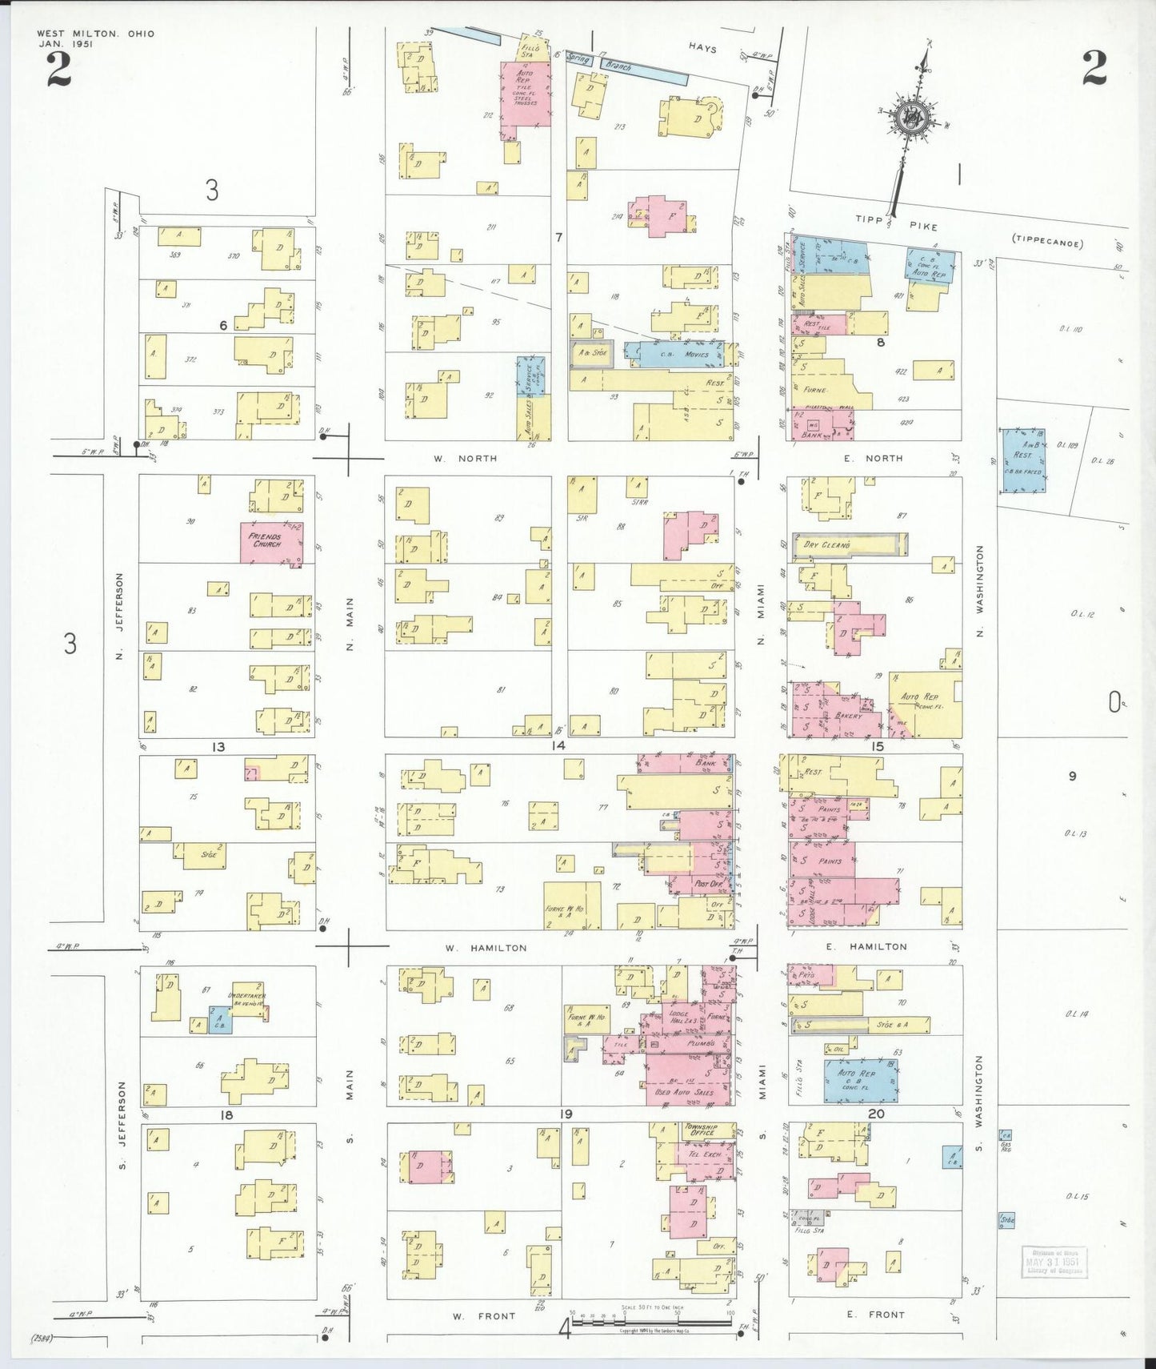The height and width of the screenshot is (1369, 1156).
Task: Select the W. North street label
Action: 466,459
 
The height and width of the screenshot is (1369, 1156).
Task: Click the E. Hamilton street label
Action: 867,946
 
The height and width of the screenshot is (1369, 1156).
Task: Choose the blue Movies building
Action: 674,354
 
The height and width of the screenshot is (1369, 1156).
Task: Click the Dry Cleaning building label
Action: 826,544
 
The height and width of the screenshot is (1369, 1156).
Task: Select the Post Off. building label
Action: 708,884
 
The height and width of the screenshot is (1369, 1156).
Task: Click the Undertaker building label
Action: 246,998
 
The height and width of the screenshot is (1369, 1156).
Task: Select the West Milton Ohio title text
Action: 95,34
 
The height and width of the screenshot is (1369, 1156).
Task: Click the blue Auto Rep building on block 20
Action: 861,1080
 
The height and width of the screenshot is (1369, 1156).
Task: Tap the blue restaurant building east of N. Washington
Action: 1022,460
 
